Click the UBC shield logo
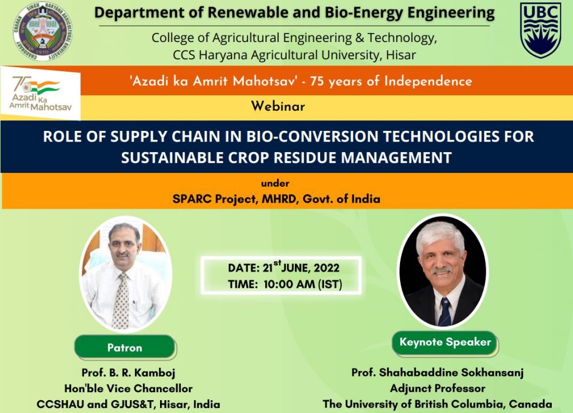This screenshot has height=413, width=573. [x=541, y=30]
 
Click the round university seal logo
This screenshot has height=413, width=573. [x=43, y=31]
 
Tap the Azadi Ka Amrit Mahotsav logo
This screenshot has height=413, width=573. [x=40, y=93]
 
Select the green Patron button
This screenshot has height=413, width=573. [x=125, y=347]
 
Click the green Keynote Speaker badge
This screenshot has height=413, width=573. [x=445, y=342]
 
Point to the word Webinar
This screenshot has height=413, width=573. [x=278, y=106]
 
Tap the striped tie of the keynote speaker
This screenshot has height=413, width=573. [x=444, y=311]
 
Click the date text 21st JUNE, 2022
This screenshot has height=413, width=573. [x=301, y=267]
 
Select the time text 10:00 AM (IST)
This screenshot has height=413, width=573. [x=303, y=284]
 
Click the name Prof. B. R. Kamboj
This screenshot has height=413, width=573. [x=128, y=373]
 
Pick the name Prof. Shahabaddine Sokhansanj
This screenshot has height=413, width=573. [x=438, y=373]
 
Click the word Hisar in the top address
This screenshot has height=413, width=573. [x=401, y=55]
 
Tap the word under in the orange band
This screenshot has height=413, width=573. [x=275, y=183]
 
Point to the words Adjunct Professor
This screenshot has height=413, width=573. [x=438, y=388]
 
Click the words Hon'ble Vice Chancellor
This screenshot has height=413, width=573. [x=128, y=388]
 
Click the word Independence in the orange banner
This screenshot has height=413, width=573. [x=428, y=81]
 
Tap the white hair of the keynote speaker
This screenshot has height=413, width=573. [x=440, y=234]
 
